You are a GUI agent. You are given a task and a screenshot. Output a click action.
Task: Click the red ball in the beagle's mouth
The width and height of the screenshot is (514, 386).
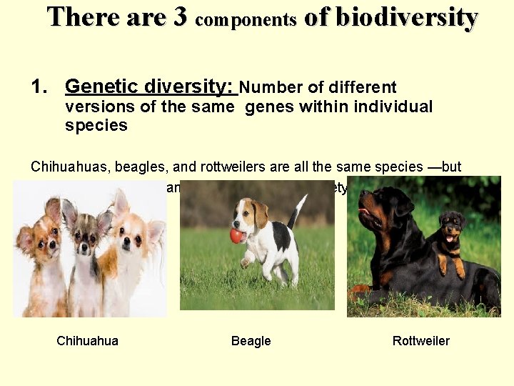pyautogui.click(x=236, y=236)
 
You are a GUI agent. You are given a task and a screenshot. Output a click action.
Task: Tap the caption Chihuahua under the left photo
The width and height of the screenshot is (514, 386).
pyautogui.click(x=87, y=341)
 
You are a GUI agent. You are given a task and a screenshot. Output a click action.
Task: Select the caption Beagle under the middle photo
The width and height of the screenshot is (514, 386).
pyautogui.click(x=251, y=341)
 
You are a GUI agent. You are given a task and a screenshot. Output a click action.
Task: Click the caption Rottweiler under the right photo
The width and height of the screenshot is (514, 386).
pyautogui.click(x=421, y=341)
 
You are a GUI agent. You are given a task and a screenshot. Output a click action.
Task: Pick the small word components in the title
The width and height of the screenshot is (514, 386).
pyautogui.click(x=245, y=20)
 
